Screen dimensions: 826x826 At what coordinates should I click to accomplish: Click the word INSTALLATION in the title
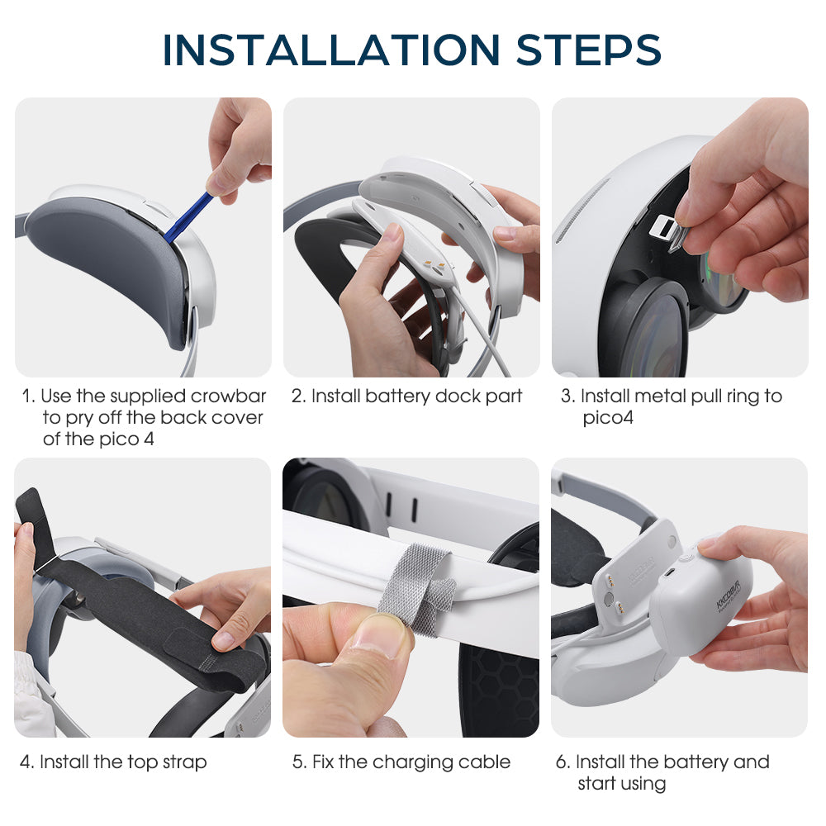pyautogui.click(x=331, y=50)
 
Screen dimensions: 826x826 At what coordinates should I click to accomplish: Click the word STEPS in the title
pyautogui.click(x=588, y=50)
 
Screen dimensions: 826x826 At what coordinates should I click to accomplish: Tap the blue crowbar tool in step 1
pyautogui.click(x=188, y=217)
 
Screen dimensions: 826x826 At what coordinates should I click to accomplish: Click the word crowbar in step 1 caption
pyautogui.click(x=228, y=396)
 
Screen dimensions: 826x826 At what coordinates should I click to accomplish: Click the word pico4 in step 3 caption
pyautogui.click(x=608, y=418)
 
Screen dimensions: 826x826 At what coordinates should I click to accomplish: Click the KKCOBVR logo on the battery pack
pyautogui.click(x=728, y=596)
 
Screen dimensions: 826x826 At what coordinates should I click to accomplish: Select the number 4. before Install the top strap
pyautogui.click(x=27, y=762)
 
